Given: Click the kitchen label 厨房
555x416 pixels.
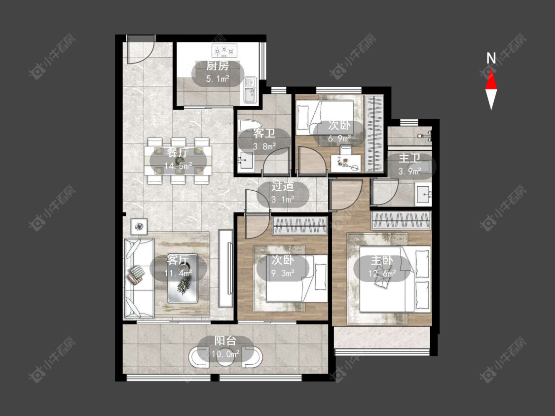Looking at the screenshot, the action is pyautogui.click(x=218, y=66).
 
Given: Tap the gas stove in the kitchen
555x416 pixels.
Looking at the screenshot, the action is pyautogui.click(x=224, y=51).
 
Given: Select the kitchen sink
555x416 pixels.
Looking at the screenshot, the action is pyautogui.click(x=250, y=91).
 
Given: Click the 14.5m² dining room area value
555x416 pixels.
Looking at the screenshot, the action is pyautogui.click(x=179, y=165).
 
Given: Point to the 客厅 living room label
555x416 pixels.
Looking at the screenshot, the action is pyautogui.click(x=178, y=260).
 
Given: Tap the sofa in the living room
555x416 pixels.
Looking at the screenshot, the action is pyautogui.click(x=139, y=278).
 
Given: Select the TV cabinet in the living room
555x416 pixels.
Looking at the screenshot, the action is pyautogui.click(x=225, y=269).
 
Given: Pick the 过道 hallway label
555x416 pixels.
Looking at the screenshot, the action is pyautogui.click(x=283, y=186).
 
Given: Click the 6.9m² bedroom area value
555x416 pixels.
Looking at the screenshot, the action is pyautogui.click(x=339, y=139).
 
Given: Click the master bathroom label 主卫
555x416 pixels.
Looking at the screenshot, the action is pyautogui.click(x=409, y=158).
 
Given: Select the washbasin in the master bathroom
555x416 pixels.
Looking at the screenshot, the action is pyautogui.click(x=423, y=194).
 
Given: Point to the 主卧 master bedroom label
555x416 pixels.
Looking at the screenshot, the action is pyautogui.click(x=381, y=261).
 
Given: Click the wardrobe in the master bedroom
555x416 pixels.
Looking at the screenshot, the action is pyautogui.click(x=401, y=220).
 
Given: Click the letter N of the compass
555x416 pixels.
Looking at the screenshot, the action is pyautogui.click(x=491, y=58).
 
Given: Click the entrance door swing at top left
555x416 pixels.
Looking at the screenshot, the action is pyautogui.click(x=141, y=49).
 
